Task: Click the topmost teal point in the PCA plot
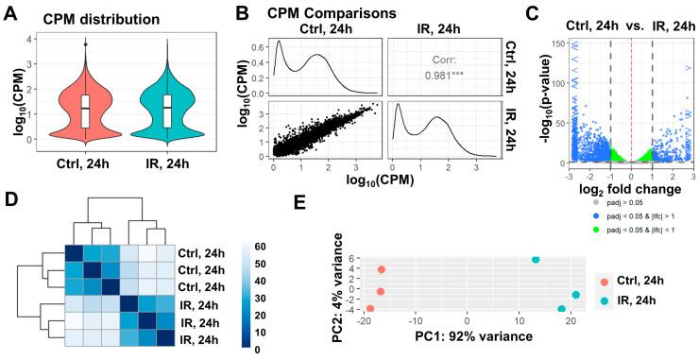click(536, 260)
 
